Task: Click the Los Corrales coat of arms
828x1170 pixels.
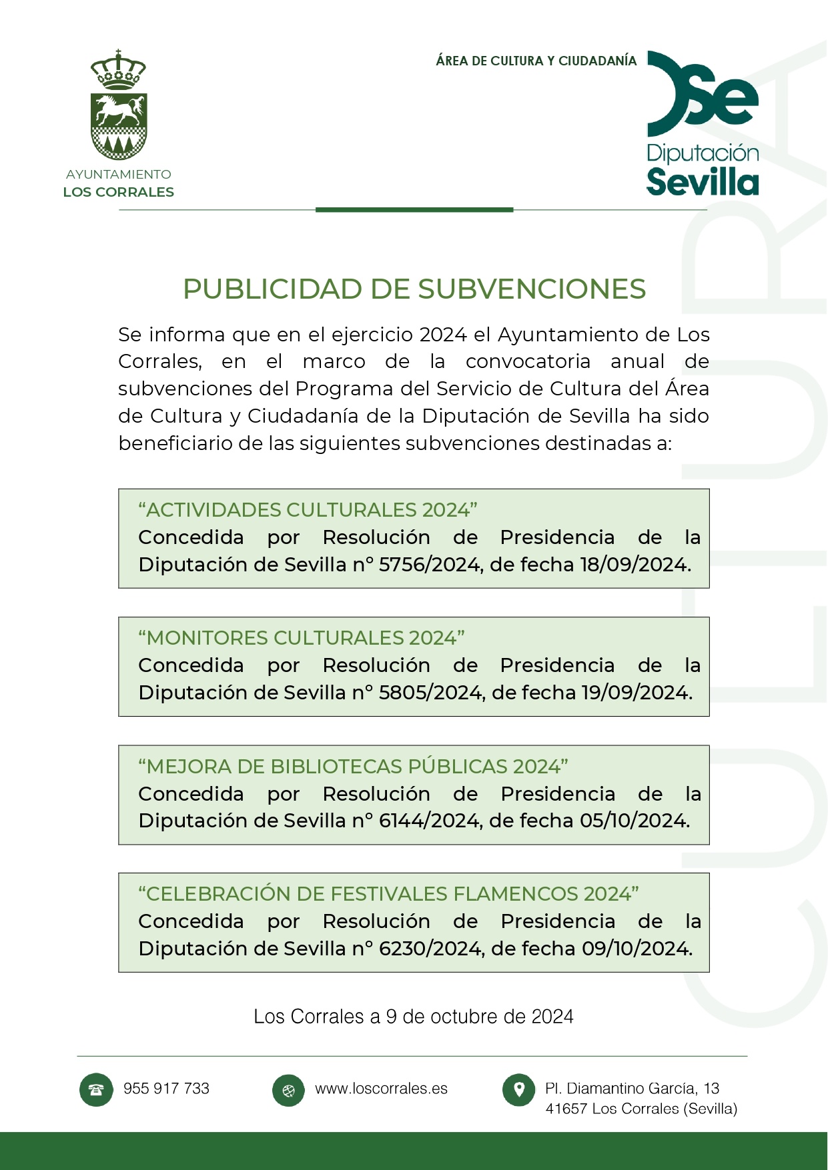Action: coord(119,107)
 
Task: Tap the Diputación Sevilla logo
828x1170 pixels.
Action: coord(703,123)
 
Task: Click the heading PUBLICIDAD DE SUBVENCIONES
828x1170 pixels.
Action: coord(414,289)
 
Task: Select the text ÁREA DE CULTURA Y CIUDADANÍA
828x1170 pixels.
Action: coord(536,61)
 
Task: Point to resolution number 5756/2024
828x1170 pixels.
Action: coord(430,565)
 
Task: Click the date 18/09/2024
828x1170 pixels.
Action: coord(635,565)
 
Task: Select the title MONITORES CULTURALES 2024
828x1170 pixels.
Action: coord(302,638)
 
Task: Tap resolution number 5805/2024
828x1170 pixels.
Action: coord(431,693)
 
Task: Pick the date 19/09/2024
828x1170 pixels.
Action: coord(636,693)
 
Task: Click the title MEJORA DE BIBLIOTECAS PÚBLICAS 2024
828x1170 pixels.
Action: coord(353,767)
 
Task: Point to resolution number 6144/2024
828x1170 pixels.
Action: coord(430,821)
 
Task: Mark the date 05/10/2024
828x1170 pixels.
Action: coord(634,821)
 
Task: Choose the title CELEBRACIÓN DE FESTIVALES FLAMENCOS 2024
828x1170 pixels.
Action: coord(388,894)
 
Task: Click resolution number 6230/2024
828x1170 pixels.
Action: coord(431,949)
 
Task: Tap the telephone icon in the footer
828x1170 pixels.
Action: coord(96,1090)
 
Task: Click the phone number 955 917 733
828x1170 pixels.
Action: coord(166,1089)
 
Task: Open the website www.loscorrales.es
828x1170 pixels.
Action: coord(381,1089)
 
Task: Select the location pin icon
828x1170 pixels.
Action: coord(518,1090)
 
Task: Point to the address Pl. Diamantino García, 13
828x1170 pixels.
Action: coord(632,1089)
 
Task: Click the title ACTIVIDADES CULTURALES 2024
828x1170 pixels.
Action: coord(308,510)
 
